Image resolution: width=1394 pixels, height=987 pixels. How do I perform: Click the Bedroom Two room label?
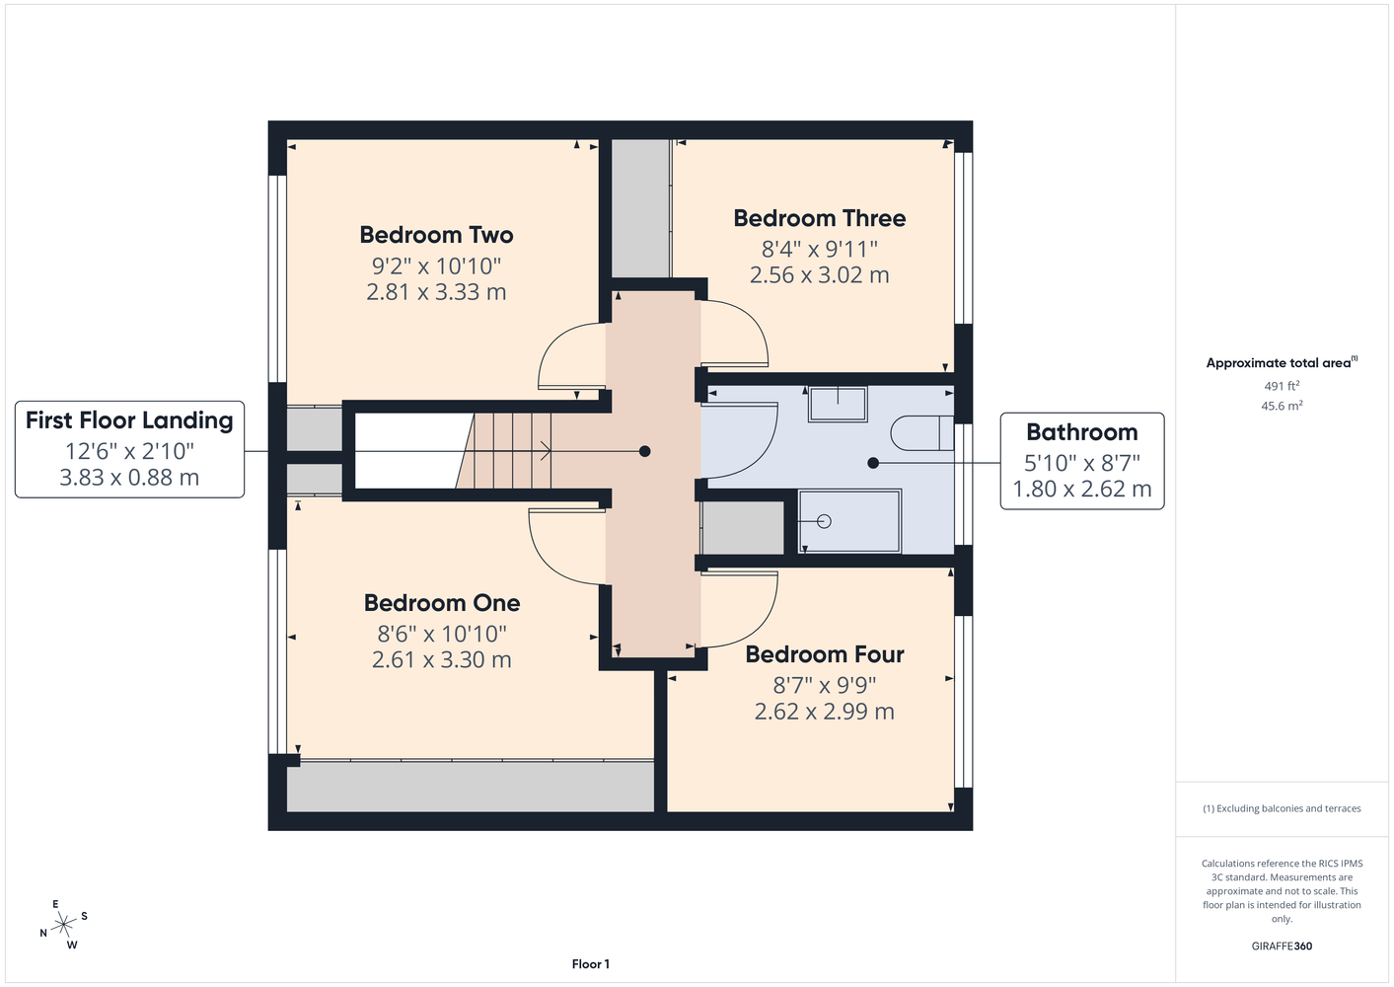point(436,235)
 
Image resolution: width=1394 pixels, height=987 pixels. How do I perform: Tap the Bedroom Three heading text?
point(820,218)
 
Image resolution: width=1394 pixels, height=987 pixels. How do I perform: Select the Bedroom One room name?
point(442,603)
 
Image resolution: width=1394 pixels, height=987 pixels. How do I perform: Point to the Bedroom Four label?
point(825,654)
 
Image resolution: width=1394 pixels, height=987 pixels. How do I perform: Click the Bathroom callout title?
point(1082,432)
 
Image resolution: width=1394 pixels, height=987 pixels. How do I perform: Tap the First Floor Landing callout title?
point(129,420)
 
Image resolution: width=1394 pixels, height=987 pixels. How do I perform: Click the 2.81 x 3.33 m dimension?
point(436,292)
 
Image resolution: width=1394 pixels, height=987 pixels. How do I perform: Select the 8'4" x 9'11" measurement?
point(820,249)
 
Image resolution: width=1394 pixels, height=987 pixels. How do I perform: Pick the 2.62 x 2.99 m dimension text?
point(825,712)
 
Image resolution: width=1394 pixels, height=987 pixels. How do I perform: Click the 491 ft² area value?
point(1282,386)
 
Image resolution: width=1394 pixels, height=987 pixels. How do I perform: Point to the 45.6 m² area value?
point(1282,406)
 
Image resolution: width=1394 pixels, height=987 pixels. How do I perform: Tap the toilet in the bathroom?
point(922,432)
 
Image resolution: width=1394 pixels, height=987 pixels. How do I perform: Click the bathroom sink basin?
point(838,404)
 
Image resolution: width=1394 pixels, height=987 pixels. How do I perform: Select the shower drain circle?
point(824,521)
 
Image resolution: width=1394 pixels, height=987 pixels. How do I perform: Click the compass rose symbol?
point(63,925)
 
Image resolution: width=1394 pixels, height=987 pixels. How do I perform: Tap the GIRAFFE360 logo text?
point(1282,946)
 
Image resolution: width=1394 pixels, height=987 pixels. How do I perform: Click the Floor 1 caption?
point(591,964)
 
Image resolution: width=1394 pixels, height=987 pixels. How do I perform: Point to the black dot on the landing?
point(645,451)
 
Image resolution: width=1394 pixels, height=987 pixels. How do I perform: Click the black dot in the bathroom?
point(873,463)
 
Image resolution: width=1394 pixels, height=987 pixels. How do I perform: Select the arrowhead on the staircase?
point(547,451)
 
